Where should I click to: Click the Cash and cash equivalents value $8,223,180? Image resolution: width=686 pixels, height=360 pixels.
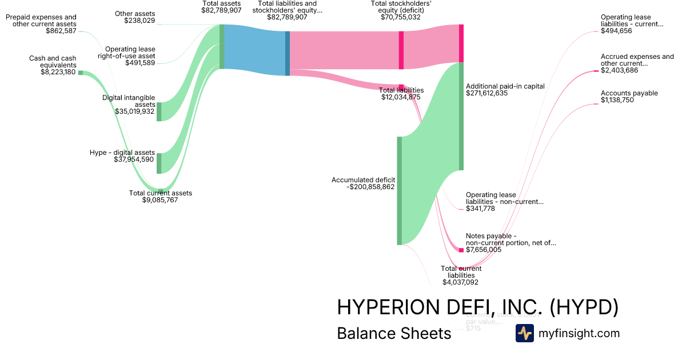tap(58, 72)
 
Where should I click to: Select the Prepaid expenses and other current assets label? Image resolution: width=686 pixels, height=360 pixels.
tap(41, 21)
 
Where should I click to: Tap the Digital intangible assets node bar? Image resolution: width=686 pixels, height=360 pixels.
tap(159, 111)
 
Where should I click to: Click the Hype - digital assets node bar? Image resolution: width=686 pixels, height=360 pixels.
tap(159, 163)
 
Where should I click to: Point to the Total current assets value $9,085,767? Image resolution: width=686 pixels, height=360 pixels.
tap(160, 200)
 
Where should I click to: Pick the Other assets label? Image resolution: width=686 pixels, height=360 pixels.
tap(135, 13)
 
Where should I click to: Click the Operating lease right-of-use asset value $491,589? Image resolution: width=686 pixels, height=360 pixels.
tap(140, 63)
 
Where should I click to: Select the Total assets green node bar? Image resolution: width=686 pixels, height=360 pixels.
tap(222, 47)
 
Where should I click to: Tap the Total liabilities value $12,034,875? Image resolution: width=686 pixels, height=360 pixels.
tap(401, 97)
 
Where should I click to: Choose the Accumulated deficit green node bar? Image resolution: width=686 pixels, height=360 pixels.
tap(400, 190)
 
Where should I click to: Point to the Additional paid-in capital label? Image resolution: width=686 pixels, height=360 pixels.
tap(505, 86)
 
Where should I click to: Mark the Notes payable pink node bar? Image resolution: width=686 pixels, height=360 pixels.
tap(461, 250)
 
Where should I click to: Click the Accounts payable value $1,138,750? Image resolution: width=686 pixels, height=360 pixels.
tap(617, 100)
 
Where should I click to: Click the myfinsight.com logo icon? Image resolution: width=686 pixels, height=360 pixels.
tap(525, 333)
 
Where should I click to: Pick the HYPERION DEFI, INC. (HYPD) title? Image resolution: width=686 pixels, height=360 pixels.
tap(477, 307)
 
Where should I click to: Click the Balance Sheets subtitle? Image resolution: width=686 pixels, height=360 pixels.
tap(394, 333)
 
